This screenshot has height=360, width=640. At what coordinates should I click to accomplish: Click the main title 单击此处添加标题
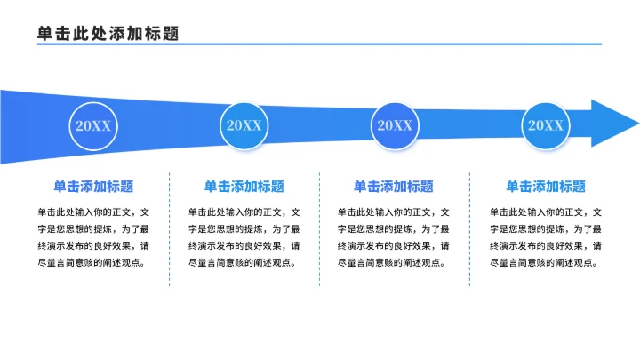point(108,33)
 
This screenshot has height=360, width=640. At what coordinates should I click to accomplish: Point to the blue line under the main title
point(320,44)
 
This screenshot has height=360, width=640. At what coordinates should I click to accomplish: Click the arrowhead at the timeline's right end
point(612,124)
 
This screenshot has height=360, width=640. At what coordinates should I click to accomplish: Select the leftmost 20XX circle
point(93,125)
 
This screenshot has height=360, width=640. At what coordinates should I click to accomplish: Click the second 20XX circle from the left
point(244,125)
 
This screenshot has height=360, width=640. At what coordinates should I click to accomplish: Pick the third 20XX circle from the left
point(394,125)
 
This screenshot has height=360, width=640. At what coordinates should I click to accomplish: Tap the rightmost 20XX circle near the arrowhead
point(545,125)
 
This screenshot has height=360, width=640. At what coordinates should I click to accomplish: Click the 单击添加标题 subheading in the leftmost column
point(93,187)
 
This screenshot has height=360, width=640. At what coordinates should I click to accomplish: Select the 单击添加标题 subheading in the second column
point(244,187)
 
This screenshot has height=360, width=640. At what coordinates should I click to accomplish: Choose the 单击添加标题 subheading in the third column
point(394,187)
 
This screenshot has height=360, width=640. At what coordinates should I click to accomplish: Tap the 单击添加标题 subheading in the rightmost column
point(546,187)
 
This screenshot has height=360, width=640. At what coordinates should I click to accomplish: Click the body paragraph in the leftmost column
point(93,237)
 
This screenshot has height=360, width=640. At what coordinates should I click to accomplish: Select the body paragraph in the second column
point(244,237)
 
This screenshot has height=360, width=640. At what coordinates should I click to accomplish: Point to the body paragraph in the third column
point(394,237)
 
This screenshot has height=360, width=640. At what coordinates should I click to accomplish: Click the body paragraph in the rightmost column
point(546,237)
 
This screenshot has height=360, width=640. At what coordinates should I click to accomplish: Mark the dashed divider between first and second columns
point(169,229)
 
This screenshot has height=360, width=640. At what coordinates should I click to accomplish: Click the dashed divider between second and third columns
point(319,229)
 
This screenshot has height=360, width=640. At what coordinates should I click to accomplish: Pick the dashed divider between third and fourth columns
point(469,229)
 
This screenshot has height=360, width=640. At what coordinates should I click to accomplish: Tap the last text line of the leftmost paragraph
point(91,263)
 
